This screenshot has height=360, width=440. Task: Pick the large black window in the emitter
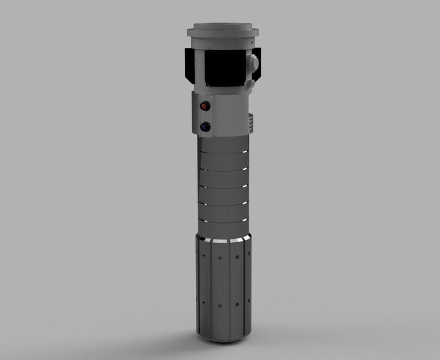223,68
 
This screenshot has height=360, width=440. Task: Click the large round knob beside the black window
255,63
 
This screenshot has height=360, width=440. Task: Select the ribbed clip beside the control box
251,122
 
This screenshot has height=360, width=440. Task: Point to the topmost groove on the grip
223,152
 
